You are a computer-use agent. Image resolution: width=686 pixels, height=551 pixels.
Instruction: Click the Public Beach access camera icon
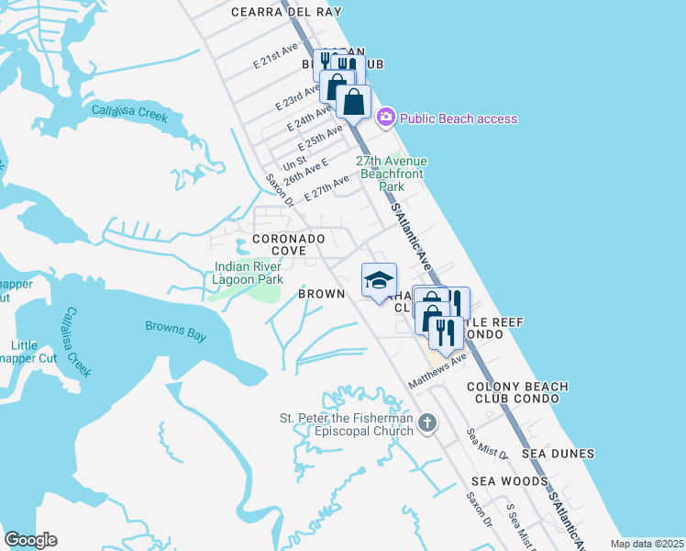point(385,118)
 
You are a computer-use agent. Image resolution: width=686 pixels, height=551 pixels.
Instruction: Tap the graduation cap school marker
point(378,281)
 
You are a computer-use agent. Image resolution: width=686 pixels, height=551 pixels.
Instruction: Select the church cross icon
point(426,423)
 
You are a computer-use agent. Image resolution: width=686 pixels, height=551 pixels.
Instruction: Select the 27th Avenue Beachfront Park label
point(393,174)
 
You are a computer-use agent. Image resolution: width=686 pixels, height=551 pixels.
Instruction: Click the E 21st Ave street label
point(276,56)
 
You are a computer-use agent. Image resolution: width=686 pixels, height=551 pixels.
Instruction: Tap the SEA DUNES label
point(559,454)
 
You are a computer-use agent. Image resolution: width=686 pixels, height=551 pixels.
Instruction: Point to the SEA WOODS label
point(510,481)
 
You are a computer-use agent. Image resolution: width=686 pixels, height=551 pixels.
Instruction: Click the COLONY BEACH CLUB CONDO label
point(517,393)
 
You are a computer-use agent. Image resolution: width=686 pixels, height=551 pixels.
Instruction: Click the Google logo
point(30,540)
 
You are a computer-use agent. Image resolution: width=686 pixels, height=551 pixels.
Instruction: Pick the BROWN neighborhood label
point(321,294)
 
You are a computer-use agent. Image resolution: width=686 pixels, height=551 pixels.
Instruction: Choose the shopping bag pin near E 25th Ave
point(354,103)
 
